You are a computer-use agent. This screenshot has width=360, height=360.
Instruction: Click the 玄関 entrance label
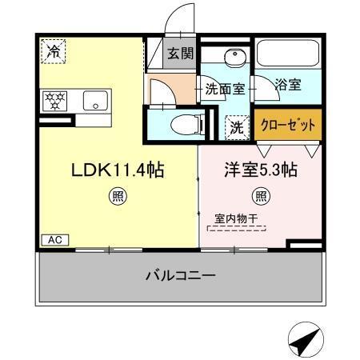(x=180, y=54)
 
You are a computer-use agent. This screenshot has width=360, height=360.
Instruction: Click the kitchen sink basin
(x=94, y=102)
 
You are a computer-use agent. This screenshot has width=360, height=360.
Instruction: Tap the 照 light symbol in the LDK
(x=118, y=194)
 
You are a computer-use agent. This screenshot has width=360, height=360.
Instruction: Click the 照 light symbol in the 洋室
(x=261, y=194)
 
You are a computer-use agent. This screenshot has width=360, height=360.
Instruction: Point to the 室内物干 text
(x=236, y=218)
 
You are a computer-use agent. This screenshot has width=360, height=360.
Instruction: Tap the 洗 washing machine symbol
(x=238, y=125)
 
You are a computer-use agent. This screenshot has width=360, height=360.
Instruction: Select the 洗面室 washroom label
(x=224, y=88)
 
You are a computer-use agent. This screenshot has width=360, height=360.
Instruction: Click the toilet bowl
(x=182, y=124)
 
